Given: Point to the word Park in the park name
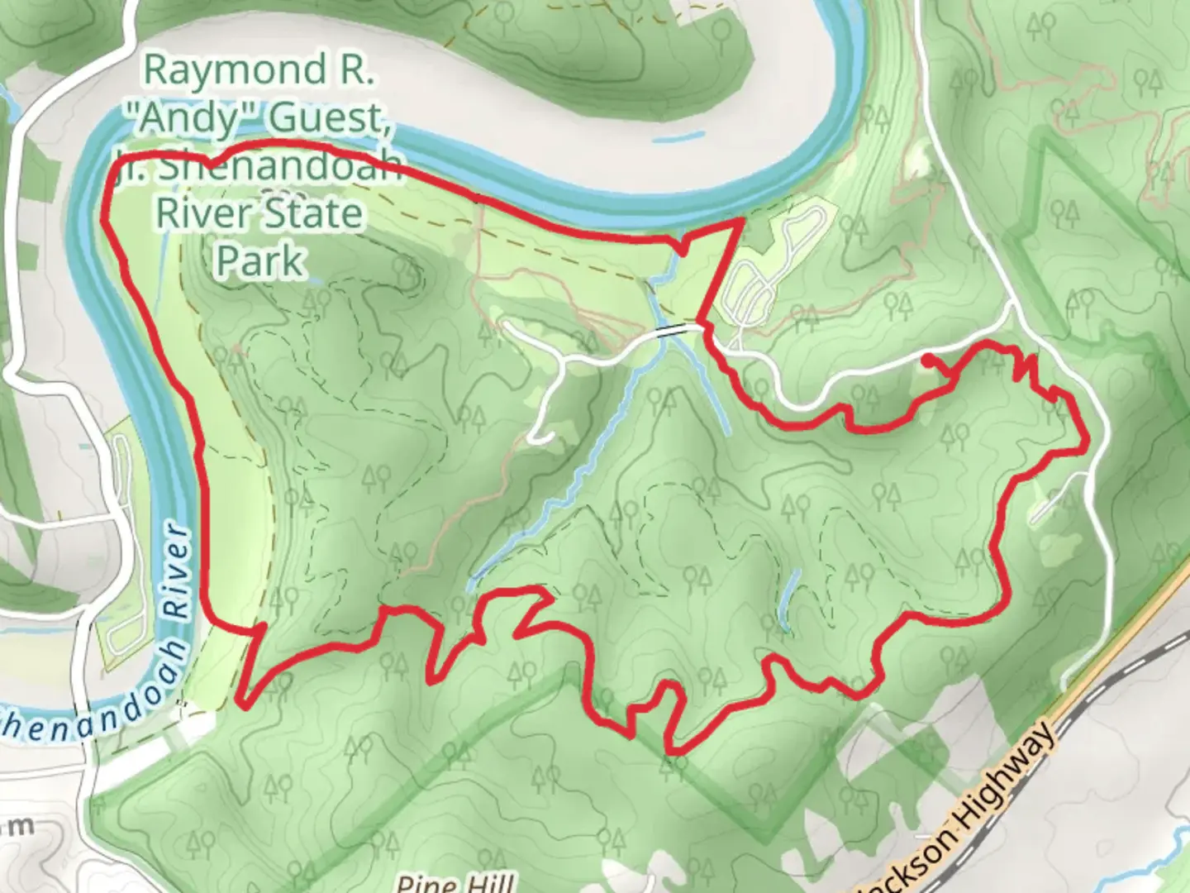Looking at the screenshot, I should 259,260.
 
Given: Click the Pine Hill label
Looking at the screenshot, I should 455,882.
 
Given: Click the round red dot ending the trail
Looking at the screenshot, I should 928,359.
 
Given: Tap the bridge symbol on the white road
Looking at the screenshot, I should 674,329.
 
